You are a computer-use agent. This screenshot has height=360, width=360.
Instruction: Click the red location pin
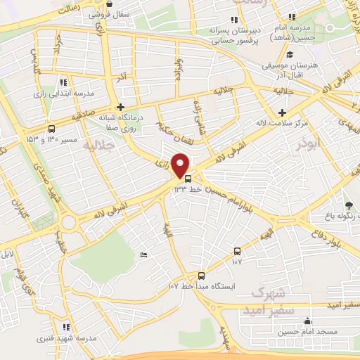(181, 165)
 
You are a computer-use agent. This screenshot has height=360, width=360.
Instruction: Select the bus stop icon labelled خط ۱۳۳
(177, 179)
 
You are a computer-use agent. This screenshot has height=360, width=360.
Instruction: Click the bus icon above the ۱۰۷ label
(237, 251)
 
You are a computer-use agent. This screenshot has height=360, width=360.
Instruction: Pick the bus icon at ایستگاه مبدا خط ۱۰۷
(202, 276)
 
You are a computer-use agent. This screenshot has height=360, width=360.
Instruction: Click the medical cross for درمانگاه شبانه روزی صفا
(121, 107)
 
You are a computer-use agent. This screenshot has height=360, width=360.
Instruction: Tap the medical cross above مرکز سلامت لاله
(282, 112)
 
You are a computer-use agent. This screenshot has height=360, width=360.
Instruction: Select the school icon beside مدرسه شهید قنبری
(66, 327)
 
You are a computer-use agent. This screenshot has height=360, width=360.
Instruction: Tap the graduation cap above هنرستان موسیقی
(289, 54)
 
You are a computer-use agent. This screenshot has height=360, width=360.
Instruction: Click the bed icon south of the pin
(144, 255)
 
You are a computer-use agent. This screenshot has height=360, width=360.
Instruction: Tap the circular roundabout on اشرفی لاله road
(69, 223)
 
